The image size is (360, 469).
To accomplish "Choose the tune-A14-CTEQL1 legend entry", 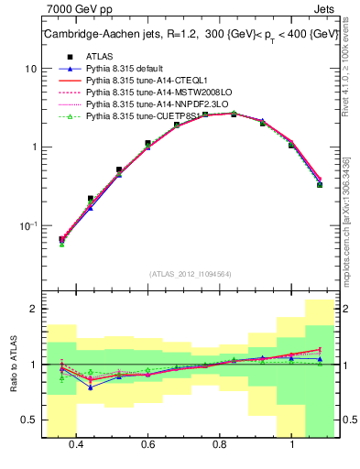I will click(147, 81).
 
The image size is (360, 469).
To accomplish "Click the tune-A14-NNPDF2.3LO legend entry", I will click(154, 104).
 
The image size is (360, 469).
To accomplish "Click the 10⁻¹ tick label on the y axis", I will click(28, 225).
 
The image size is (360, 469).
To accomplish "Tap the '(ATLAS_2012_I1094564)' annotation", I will click(190, 273).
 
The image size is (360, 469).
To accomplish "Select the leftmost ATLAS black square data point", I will click(62, 239).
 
